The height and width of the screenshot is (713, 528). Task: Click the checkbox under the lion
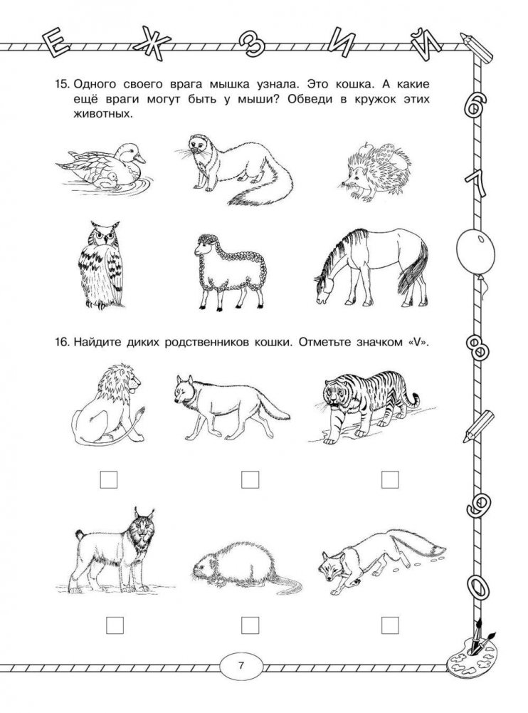(x=109, y=480)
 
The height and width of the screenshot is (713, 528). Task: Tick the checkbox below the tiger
(x=389, y=480)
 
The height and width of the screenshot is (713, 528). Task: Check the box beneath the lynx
(x=115, y=625)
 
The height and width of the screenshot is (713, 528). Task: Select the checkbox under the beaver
(x=250, y=625)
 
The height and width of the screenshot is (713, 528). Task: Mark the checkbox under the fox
(x=389, y=625)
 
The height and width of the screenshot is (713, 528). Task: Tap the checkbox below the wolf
(x=250, y=480)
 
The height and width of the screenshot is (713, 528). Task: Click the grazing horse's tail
(x=411, y=269)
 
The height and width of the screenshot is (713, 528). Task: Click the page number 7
(x=241, y=666)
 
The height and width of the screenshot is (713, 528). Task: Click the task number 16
(x=61, y=342)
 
